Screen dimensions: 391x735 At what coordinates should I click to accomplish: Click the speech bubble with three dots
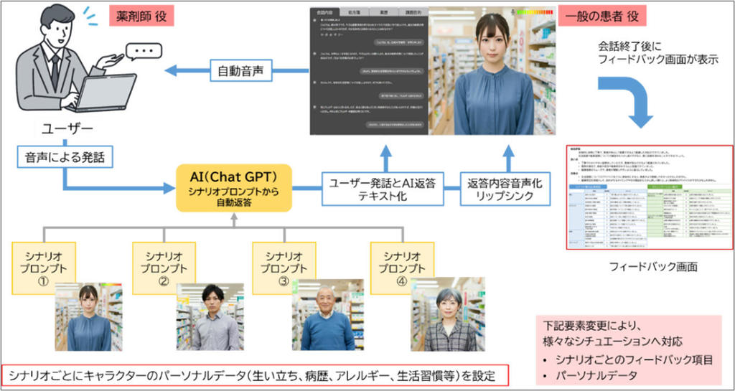click(x=146, y=52)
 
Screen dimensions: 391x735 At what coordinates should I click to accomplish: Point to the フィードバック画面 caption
click(x=649, y=266)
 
